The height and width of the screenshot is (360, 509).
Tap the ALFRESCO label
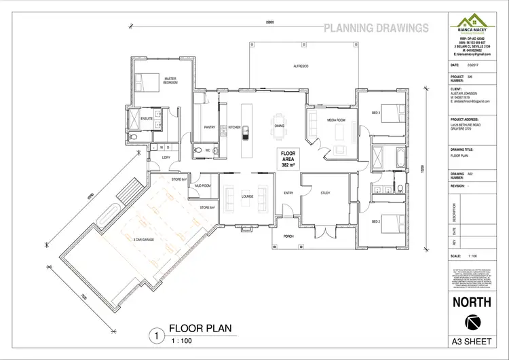(x=301, y=66)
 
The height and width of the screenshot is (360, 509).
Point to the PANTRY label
(x=210, y=127)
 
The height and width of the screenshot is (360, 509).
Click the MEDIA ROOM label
(x=337, y=120)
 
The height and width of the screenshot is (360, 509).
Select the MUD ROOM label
(x=203, y=185)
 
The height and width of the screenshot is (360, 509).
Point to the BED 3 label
(x=375, y=113)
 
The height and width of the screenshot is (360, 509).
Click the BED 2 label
(x=375, y=221)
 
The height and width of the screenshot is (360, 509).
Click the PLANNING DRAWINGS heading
(x=375, y=28)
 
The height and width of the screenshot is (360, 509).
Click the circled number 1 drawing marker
(x=157, y=334)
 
